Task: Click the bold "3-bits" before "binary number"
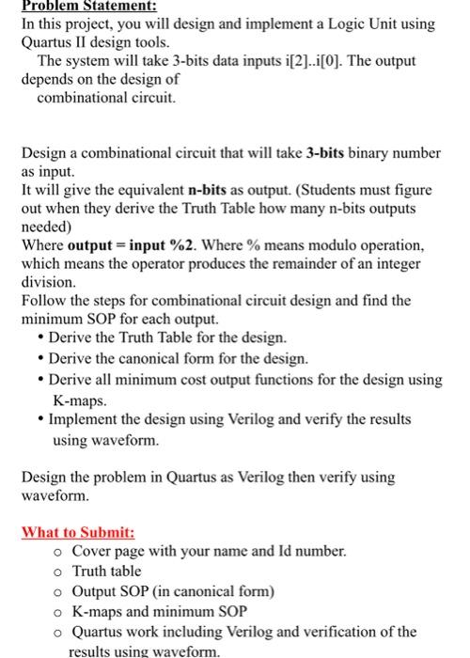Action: [x=333, y=152]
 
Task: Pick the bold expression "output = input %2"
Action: [x=132, y=245]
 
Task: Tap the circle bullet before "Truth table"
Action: [x=58, y=572]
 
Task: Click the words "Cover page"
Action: [x=110, y=552]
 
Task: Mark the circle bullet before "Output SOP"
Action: [x=58, y=591]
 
